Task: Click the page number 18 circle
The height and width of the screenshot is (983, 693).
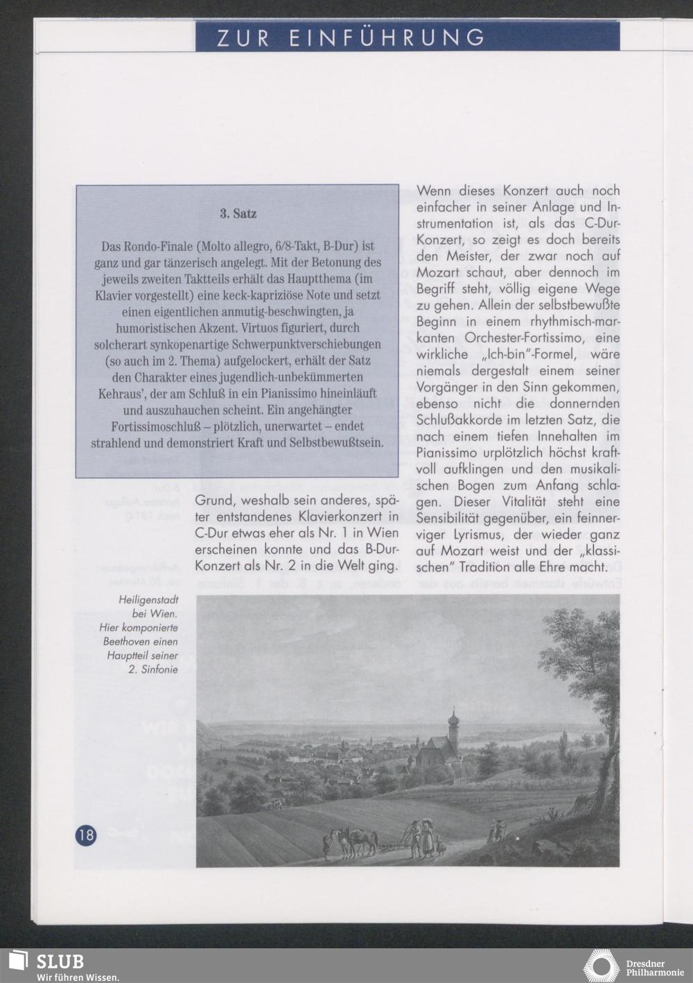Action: pyautogui.click(x=86, y=835)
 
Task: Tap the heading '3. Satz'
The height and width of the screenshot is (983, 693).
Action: pyautogui.click(x=238, y=214)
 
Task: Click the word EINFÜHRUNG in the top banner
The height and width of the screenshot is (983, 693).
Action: pyautogui.click(x=387, y=37)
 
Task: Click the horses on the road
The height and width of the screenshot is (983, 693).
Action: pyautogui.click(x=353, y=840)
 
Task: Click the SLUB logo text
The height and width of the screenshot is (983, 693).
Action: pyautogui.click(x=60, y=962)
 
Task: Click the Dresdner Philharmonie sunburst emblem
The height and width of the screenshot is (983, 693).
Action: pyautogui.click(x=601, y=966)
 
